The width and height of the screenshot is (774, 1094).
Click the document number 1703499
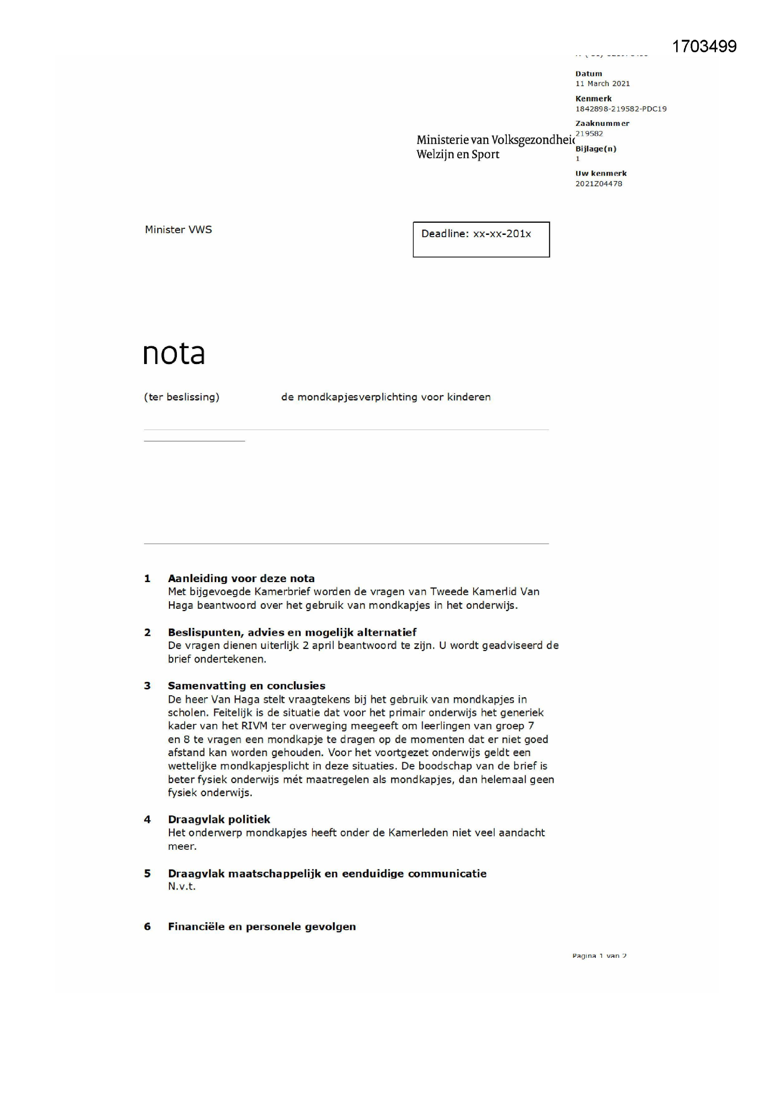(704, 46)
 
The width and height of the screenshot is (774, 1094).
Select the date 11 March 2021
(602, 84)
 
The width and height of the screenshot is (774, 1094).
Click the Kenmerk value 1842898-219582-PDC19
(621, 109)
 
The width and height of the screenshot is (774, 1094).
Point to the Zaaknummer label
(602, 124)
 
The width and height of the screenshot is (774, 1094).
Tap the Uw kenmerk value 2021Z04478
(599, 184)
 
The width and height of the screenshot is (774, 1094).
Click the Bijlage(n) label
(596, 149)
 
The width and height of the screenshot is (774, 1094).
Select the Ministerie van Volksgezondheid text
(496, 140)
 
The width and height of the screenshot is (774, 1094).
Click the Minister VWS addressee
(178, 230)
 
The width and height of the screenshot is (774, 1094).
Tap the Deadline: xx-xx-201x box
(481, 239)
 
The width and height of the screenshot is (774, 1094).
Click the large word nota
(174, 354)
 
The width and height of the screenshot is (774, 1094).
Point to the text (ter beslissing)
(182, 397)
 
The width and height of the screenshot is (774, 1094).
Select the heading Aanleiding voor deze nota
(241, 578)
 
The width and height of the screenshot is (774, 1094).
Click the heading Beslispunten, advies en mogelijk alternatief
(292, 632)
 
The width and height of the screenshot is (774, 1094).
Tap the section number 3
(147, 686)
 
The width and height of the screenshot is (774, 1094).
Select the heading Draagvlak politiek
(219, 819)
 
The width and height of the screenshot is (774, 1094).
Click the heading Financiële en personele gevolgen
(262, 926)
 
